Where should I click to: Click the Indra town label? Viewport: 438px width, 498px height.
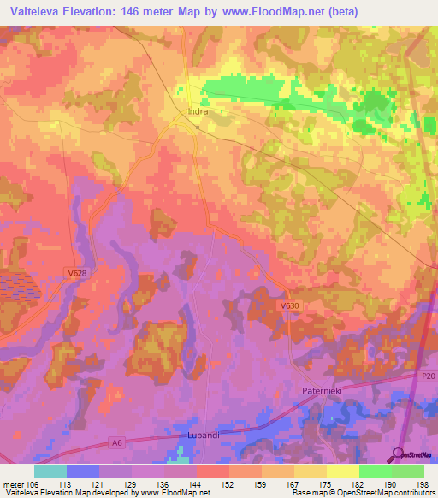pos(198,110)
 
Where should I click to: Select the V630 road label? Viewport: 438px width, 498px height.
pos(289,304)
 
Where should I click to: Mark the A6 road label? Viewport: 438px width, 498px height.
pos(118,443)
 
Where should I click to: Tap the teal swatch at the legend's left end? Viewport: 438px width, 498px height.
pos(50,471)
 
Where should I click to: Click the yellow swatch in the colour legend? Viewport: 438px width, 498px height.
pos(343,471)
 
